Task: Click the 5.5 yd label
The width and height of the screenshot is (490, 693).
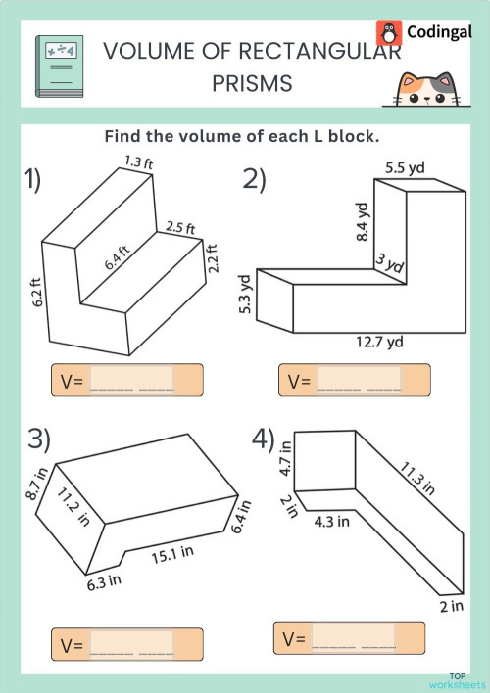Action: pos(404,167)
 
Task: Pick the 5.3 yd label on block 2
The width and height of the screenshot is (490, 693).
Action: pos(247,293)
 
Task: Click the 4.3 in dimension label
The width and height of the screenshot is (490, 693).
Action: pos(331,522)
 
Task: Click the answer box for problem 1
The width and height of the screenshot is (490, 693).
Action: pos(131,380)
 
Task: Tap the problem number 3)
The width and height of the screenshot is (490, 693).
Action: pos(39,439)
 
